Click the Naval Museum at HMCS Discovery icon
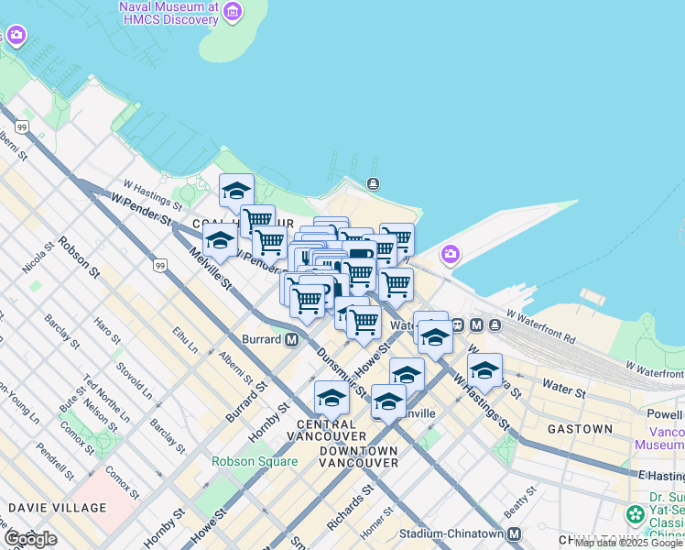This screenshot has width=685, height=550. [x=233, y=12]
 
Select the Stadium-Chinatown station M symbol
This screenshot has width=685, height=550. [x=514, y=534]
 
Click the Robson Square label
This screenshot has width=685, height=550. [x=255, y=461]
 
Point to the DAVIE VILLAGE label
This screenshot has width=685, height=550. [x=57, y=507]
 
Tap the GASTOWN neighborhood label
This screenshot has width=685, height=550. [x=580, y=429]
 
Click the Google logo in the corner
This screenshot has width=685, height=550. [x=30, y=538]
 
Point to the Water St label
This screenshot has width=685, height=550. [x=564, y=389]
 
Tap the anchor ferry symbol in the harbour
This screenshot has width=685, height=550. [x=373, y=184]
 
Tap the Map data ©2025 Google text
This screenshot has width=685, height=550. [x=629, y=543]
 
